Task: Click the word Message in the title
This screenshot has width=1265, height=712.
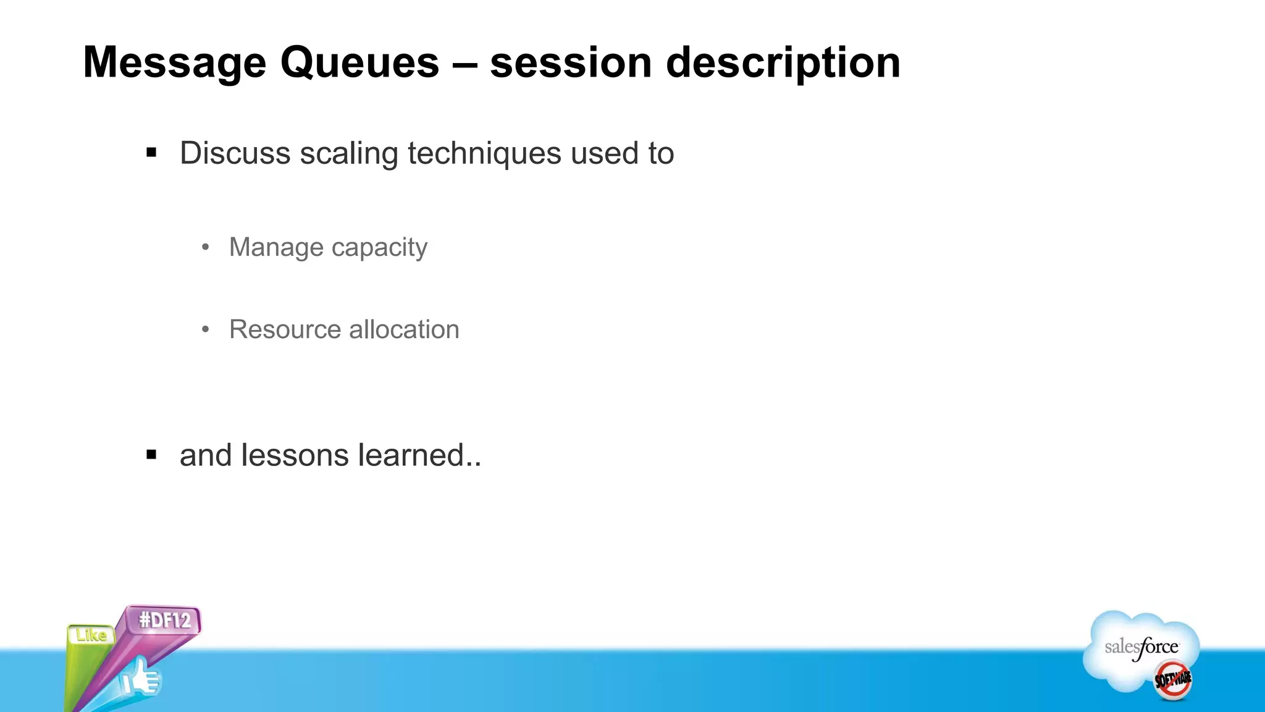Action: tap(174, 64)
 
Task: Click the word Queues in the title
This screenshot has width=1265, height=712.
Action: tap(359, 64)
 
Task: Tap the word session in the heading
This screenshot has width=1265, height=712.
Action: tap(571, 64)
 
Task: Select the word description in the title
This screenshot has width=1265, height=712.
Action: tap(783, 64)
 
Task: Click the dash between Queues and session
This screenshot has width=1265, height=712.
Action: tap(464, 64)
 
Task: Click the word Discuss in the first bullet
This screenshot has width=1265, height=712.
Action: tap(235, 153)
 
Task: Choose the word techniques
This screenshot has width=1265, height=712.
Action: tap(484, 153)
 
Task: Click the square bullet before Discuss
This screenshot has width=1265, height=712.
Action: tap(151, 152)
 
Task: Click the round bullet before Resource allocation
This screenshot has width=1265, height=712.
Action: tap(206, 329)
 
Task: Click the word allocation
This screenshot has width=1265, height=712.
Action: tap(405, 329)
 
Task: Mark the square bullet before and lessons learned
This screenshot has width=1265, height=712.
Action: tap(151, 456)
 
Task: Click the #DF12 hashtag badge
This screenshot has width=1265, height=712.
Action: tap(164, 620)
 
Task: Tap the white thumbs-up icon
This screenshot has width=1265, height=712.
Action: tap(141, 679)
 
